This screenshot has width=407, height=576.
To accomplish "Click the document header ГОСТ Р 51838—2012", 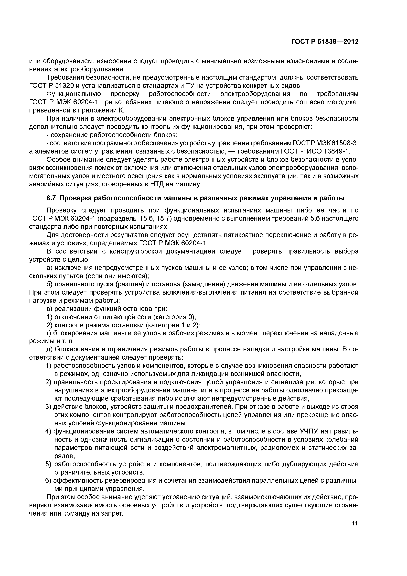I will [325, 42].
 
